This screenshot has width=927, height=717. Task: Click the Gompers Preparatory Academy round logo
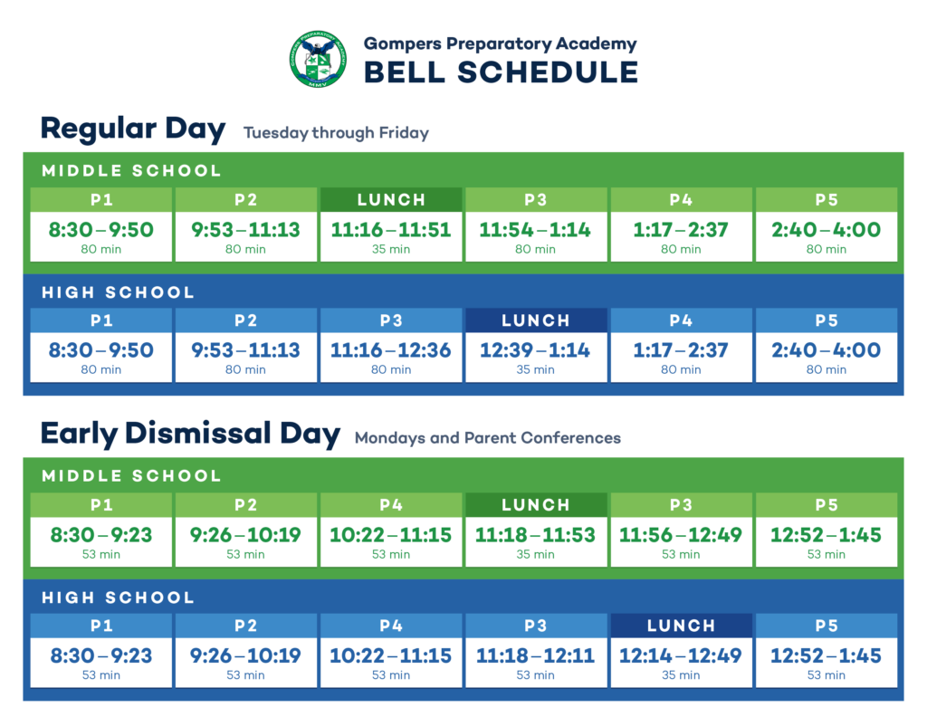click(x=318, y=59)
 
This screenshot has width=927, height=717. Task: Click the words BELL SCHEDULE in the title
click(x=501, y=72)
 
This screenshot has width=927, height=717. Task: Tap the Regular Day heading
click(x=133, y=129)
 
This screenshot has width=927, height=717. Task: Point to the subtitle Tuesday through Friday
click(x=336, y=133)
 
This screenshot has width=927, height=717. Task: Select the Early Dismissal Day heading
click(x=190, y=434)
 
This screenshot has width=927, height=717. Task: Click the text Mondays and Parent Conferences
click(x=488, y=438)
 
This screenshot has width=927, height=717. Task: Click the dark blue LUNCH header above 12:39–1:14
click(x=536, y=320)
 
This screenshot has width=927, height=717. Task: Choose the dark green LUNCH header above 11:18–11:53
click(x=536, y=505)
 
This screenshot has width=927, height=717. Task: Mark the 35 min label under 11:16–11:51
click(x=391, y=250)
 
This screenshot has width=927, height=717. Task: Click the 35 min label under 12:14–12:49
click(x=681, y=675)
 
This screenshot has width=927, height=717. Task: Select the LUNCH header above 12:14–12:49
click(x=681, y=626)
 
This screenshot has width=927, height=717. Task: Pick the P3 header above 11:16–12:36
click(x=391, y=320)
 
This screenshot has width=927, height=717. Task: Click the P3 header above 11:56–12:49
click(x=681, y=505)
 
